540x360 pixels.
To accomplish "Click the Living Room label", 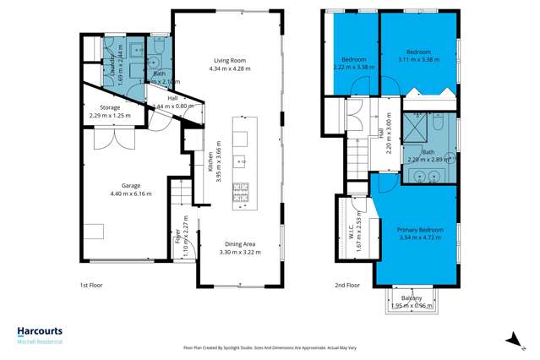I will point(227,60).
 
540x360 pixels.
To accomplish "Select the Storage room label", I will point(110,107).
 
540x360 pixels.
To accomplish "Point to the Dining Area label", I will point(237,244).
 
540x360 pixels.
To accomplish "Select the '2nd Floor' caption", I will point(346,286).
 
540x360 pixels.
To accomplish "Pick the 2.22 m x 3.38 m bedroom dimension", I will point(349,67).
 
